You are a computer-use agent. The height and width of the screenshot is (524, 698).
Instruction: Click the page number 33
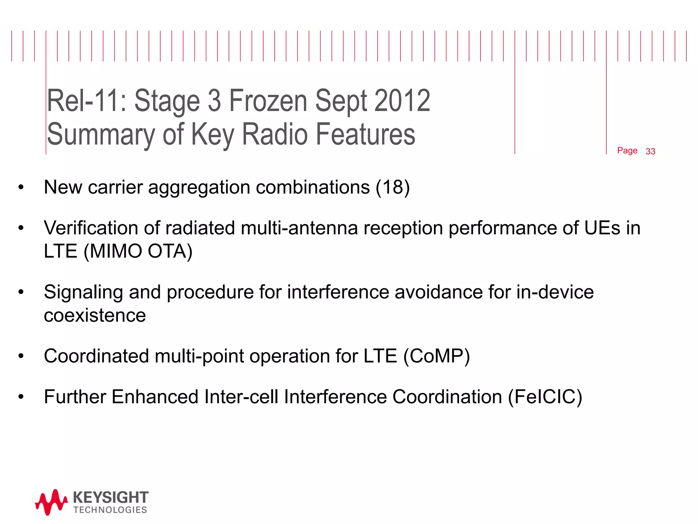650,151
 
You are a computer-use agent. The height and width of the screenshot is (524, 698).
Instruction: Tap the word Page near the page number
627,150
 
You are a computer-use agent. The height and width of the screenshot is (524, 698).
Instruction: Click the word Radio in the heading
275,134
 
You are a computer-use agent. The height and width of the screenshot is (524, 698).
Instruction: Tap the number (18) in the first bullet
392,187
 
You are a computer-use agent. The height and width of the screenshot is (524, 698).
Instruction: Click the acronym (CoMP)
437,356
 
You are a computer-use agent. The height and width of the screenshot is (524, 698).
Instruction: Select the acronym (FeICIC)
545,397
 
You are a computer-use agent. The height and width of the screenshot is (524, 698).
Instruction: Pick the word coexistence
95,315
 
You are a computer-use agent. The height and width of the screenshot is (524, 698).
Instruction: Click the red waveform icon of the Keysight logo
51,502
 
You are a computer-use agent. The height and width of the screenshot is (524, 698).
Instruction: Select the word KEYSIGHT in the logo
110,497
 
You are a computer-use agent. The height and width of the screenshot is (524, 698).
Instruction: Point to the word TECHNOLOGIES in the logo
110,510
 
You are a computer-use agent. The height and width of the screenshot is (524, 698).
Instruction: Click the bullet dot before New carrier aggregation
21,187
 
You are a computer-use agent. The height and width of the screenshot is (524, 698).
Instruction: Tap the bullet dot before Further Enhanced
21,397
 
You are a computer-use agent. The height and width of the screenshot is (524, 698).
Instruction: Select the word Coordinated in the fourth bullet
96,356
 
